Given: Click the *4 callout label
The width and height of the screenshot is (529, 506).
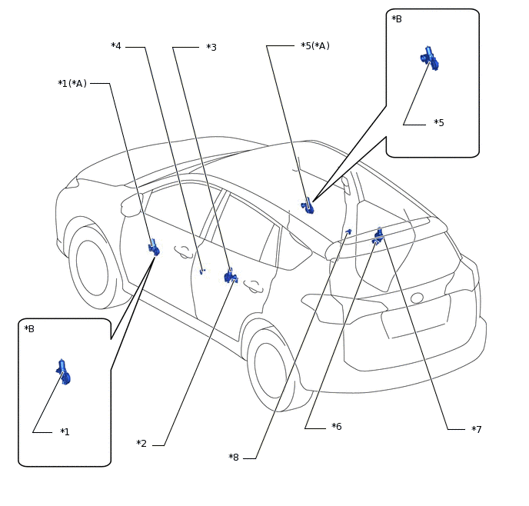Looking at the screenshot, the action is click(116, 46).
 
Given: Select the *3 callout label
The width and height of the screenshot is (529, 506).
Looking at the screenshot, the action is click(211, 47).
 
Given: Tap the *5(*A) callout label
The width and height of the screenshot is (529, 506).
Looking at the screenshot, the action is click(315, 45).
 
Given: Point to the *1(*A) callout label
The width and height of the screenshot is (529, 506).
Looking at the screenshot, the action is click(72, 83).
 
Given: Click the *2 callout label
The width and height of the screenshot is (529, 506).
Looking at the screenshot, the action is click(141, 443).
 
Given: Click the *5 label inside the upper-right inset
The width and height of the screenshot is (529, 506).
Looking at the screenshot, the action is click(438, 122).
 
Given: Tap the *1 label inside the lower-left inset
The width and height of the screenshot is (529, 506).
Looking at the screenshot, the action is click(65, 431).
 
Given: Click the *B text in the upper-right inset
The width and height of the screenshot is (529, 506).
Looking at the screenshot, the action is click(397, 19).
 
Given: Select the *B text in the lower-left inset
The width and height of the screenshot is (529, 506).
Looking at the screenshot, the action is click(29, 328).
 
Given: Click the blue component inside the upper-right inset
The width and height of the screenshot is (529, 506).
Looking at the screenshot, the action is click(430, 58).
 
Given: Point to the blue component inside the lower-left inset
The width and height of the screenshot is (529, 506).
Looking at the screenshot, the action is click(63, 372).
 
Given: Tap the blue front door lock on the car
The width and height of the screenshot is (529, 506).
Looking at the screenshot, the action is click(154, 248).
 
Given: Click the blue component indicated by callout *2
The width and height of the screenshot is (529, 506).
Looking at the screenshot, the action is click(231, 276).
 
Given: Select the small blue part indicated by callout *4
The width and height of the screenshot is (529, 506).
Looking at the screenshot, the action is click(202, 271).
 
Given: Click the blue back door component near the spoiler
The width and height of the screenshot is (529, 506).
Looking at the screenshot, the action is click(378, 235).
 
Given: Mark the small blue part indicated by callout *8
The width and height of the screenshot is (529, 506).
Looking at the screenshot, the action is click(348, 231).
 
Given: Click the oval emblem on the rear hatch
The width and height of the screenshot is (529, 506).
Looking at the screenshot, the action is click(417, 298).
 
